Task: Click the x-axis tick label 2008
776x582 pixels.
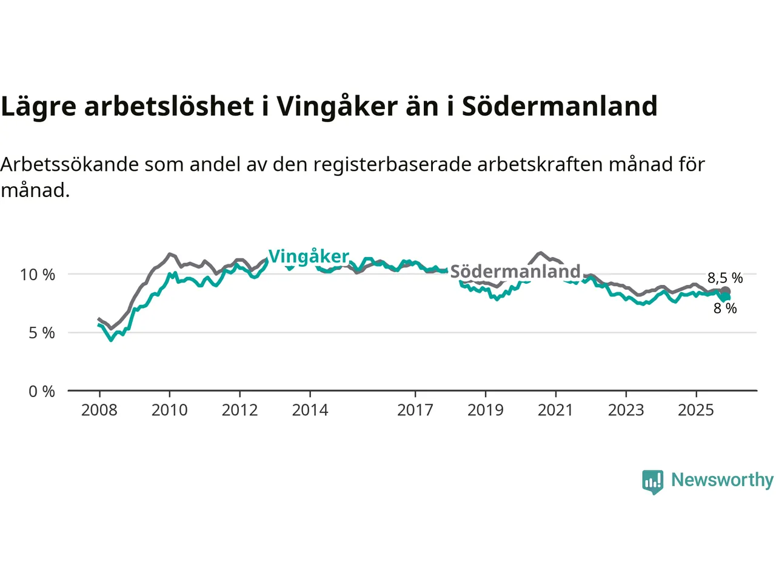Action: click(x=99, y=410)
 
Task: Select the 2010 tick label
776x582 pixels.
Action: click(x=169, y=410)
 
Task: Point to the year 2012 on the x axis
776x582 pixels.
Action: click(x=239, y=410)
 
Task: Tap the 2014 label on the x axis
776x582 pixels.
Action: click(x=310, y=410)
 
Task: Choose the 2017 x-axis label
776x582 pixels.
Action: click(x=415, y=410)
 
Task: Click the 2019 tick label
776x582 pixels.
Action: click(x=485, y=410)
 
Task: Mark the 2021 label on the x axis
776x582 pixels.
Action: click(x=555, y=410)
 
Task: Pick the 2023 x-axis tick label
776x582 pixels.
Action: click(x=626, y=410)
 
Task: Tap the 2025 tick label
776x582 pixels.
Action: click(x=696, y=410)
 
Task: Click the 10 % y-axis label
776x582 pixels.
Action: click(x=38, y=275)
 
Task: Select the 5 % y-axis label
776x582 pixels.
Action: click(x=41, y=333)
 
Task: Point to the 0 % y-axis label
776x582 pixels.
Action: click(x=41, y=392)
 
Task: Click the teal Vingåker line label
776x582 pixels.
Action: click(x=309, y=256)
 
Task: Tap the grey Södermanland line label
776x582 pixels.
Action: click(x=515, y=271)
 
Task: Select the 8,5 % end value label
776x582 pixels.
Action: click(x=725, y=278)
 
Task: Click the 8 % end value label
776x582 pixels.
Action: click(x=725, y=309)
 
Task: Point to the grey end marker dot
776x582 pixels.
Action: click(x=725, y=291)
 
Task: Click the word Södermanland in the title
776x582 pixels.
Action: click(x=560, y=106)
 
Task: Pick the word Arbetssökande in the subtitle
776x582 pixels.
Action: click(x=70, y=164)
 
